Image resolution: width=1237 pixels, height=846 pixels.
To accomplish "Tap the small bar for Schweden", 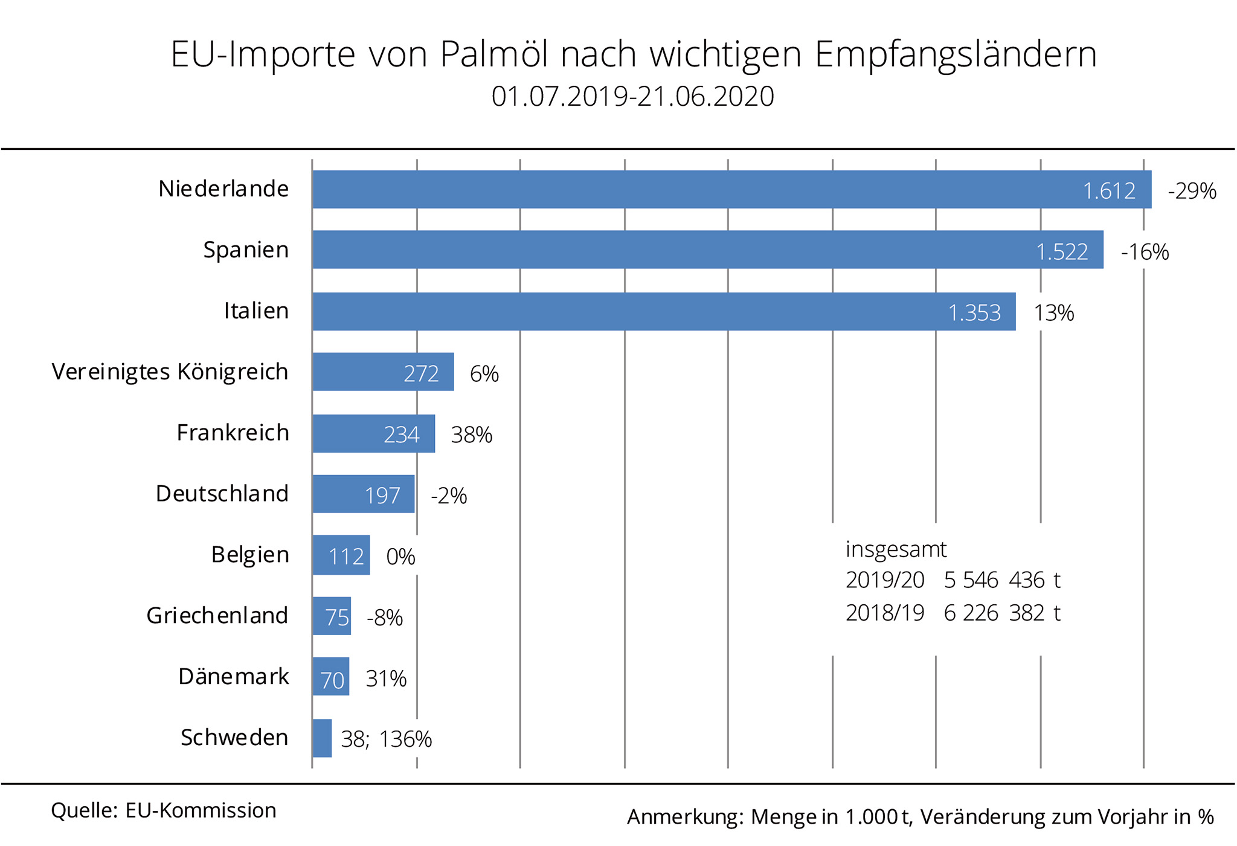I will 322,738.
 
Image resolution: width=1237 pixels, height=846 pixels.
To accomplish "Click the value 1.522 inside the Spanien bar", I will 1062,251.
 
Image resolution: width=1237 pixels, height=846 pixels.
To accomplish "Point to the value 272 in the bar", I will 421,373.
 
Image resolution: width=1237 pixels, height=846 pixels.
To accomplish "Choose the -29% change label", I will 1192,192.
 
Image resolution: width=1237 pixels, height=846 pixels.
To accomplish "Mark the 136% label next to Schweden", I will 406,739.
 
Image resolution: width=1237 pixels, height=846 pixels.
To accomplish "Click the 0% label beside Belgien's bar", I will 400,557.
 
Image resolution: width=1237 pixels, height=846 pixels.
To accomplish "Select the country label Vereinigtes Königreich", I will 170,372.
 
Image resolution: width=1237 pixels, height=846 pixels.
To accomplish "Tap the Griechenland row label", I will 217,616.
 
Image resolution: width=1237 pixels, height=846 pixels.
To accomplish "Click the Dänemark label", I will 234,677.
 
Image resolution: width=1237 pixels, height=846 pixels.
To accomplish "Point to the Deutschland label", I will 222,494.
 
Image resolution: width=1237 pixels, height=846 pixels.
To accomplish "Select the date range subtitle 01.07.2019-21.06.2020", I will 632,97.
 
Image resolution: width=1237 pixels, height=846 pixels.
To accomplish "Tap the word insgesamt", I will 896,549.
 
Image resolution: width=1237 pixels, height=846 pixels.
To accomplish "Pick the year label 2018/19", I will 884,613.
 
